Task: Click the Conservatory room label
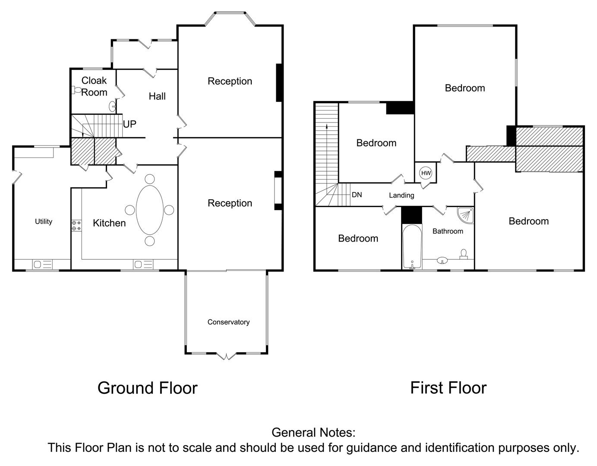click(228, 322)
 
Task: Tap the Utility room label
click(44, 222)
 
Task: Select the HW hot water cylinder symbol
click(426, 173)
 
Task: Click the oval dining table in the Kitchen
click(149, 210)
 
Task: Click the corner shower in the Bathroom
click(465, 216)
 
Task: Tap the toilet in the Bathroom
click(464, 254)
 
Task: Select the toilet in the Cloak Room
click(76, 90)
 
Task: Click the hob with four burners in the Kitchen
click(76, 225)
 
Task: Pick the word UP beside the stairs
click(130, 124)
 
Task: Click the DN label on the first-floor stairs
click(357, 195)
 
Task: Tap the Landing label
click(401, 195)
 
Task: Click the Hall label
click(157, 96)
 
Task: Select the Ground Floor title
click(148, 388)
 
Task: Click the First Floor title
click(449, 388)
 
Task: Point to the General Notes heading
click(313, 432)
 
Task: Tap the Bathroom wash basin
click(442, 260)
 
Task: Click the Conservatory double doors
click(226, 356)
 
